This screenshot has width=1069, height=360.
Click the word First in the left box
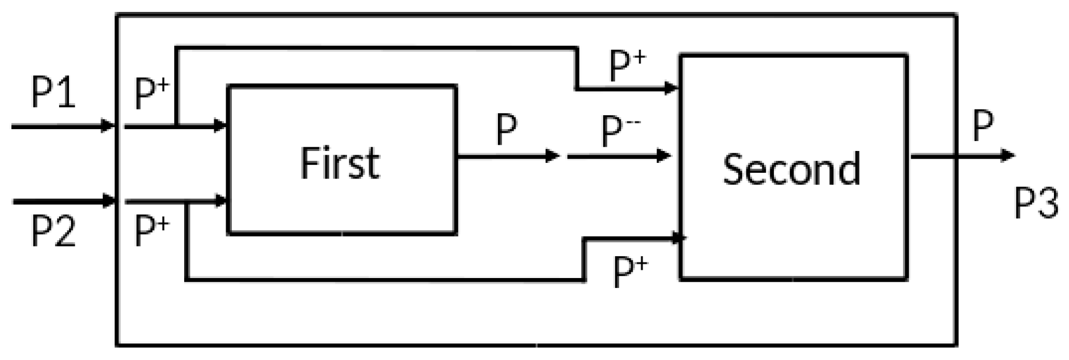(340, 163)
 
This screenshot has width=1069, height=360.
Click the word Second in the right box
(792, 168)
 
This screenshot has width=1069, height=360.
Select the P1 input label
(53, 93)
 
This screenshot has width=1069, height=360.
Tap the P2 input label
(53, 231)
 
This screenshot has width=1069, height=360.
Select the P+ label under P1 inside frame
(151, 93)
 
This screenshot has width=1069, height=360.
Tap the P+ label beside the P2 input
(151, 231)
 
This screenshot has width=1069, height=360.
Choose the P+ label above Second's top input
(627, 67)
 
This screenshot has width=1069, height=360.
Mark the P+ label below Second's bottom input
(630, 272)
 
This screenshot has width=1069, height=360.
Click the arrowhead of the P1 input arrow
(108, 126)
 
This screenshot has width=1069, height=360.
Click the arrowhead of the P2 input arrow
(108, 201)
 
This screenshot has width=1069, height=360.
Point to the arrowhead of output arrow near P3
(1007, 155)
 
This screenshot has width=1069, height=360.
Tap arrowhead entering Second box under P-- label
(665, 155)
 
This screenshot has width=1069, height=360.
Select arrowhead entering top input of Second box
(672, 88)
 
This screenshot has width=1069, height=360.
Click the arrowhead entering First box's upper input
(221, 126)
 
